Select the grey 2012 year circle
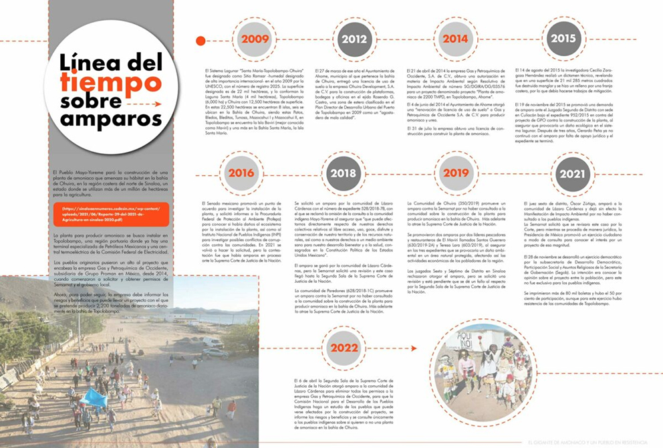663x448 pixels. (353, 39)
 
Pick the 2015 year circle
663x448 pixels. (563, 39)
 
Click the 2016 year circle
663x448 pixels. (241, 172)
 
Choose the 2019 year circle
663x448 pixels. (455, 173)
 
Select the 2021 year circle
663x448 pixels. (572, 175)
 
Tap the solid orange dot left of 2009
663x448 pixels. (200, 41)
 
